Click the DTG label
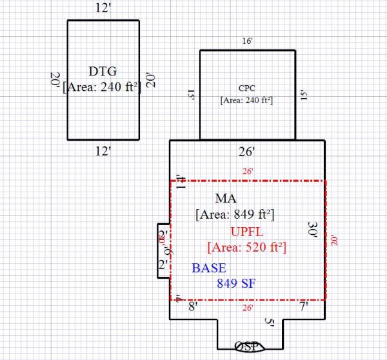point(103,71)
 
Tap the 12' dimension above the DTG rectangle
point(103,9)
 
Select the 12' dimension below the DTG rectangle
point(103,152)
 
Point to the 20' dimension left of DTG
point(55,81)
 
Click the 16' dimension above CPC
point(247,41)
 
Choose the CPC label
point(247,88)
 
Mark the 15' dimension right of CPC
point(302,95)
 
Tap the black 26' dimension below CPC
point(247,152)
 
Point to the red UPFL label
point(247,231)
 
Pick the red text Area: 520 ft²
point(247,246)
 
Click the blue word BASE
point(209,268)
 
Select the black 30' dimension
point(313,230)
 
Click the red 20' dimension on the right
point(334,240)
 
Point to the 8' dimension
point(192,308)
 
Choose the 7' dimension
point(303,308)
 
